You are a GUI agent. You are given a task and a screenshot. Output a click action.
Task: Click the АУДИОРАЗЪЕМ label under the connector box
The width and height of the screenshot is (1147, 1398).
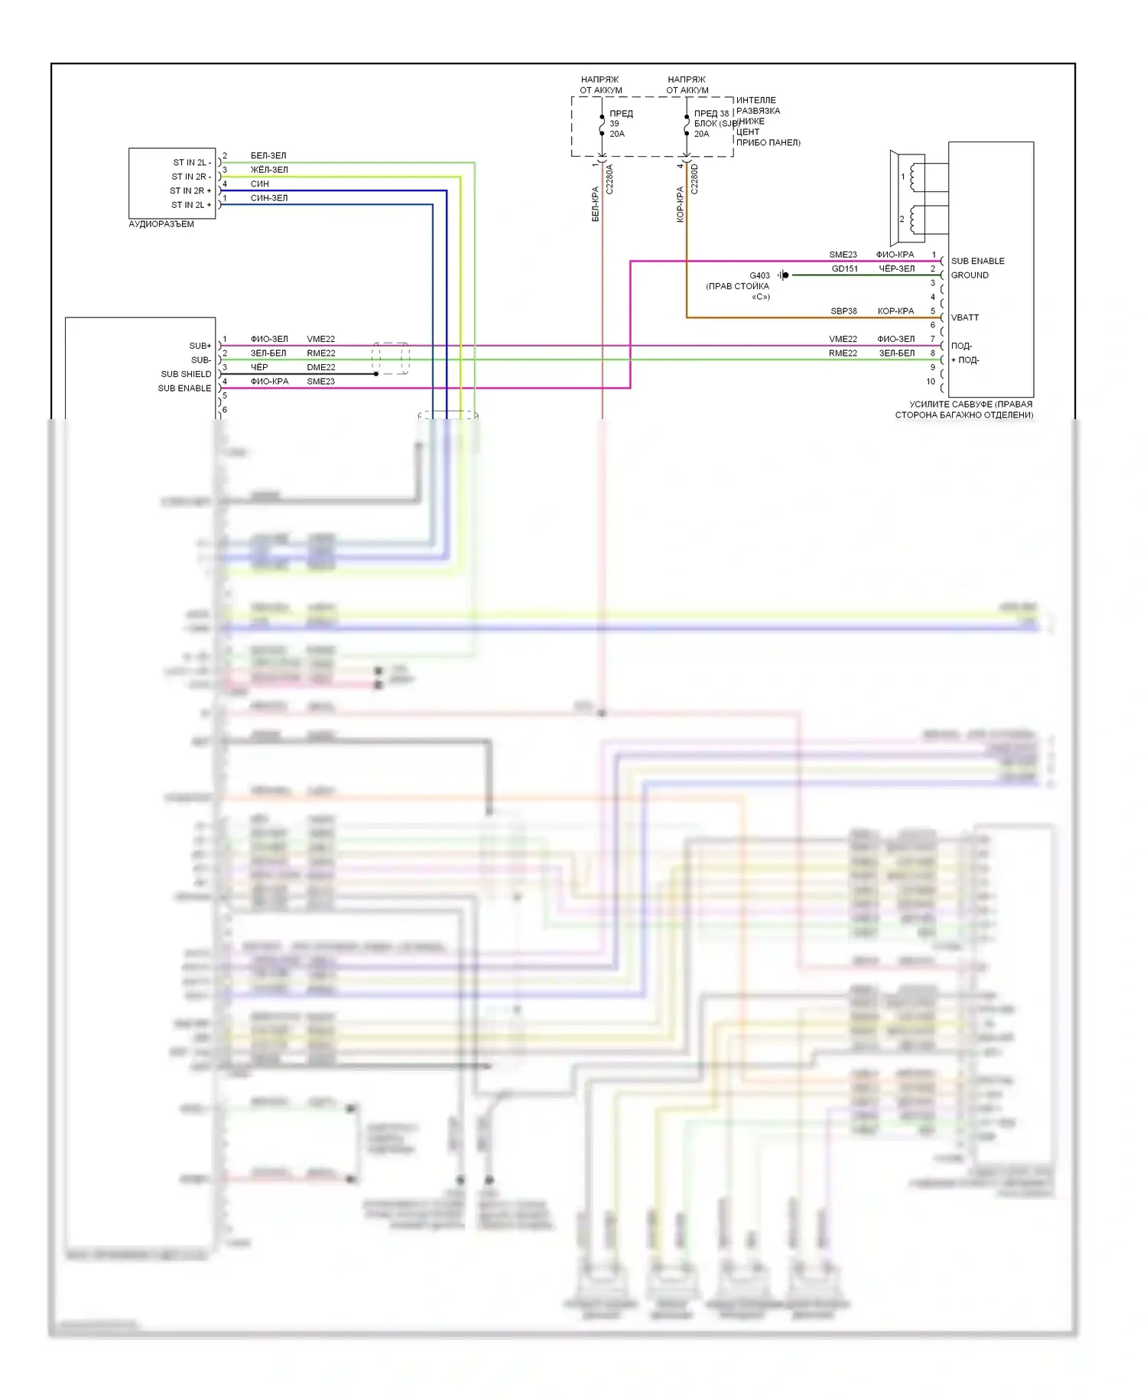(161, 224)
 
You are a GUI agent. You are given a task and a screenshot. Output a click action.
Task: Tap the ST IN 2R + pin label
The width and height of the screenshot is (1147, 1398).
(190, 190)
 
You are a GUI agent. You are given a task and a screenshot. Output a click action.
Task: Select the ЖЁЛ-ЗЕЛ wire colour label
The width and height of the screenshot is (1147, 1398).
(269, 170)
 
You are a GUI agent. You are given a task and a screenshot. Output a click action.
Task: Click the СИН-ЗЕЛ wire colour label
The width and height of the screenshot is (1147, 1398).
(269, 198)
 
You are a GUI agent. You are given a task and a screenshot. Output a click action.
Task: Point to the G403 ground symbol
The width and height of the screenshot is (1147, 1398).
(784, 275)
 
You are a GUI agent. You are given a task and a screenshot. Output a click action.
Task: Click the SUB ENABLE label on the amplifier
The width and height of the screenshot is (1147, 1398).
(977, 261)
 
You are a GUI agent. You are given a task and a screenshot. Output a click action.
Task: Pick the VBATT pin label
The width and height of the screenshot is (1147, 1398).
(964, 317)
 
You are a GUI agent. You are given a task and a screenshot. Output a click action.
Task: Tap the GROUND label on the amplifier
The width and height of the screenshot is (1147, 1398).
(970, 275)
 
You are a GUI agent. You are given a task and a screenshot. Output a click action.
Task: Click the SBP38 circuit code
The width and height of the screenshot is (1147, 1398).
(843, 311)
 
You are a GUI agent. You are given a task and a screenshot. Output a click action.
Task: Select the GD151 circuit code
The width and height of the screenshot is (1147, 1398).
(844, 269)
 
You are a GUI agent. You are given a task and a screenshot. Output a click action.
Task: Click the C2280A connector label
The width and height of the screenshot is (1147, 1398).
(609, 180)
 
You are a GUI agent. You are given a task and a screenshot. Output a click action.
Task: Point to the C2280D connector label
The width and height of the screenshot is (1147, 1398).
(694, 180)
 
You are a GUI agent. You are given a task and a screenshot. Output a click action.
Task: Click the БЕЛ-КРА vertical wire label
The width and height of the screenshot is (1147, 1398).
(596, 204)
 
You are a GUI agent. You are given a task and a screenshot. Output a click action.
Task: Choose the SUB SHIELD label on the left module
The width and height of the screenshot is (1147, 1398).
(186, 374)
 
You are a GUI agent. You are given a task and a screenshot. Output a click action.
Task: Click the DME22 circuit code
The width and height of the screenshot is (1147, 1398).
(321, 368)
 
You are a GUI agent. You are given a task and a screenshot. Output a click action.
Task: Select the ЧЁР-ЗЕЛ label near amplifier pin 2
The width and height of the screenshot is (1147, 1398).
(896, 269)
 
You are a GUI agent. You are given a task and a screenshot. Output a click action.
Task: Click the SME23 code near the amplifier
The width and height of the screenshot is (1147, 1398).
(843, 255)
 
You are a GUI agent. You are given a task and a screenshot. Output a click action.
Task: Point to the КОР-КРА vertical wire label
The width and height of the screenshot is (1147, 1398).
(680, 204)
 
